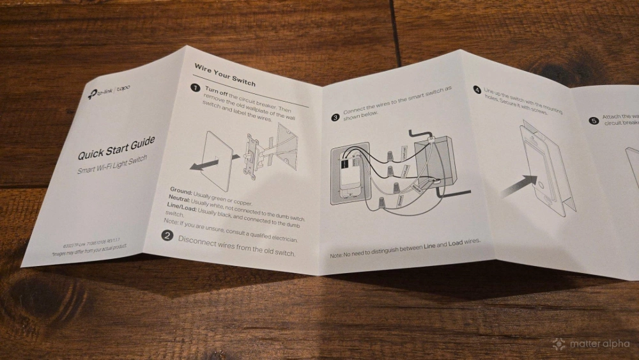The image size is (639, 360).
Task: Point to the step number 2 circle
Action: [167, 235]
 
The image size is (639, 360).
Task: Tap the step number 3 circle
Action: [335, 117]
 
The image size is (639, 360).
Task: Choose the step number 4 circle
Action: [477, 90]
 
